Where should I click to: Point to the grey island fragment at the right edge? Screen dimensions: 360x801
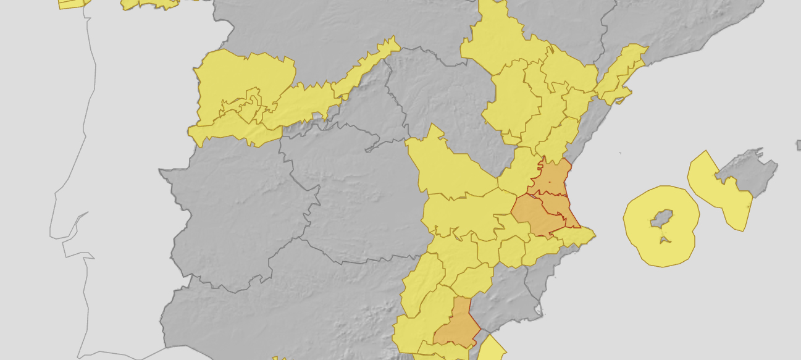pyautogui.click(x=799, y=144)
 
